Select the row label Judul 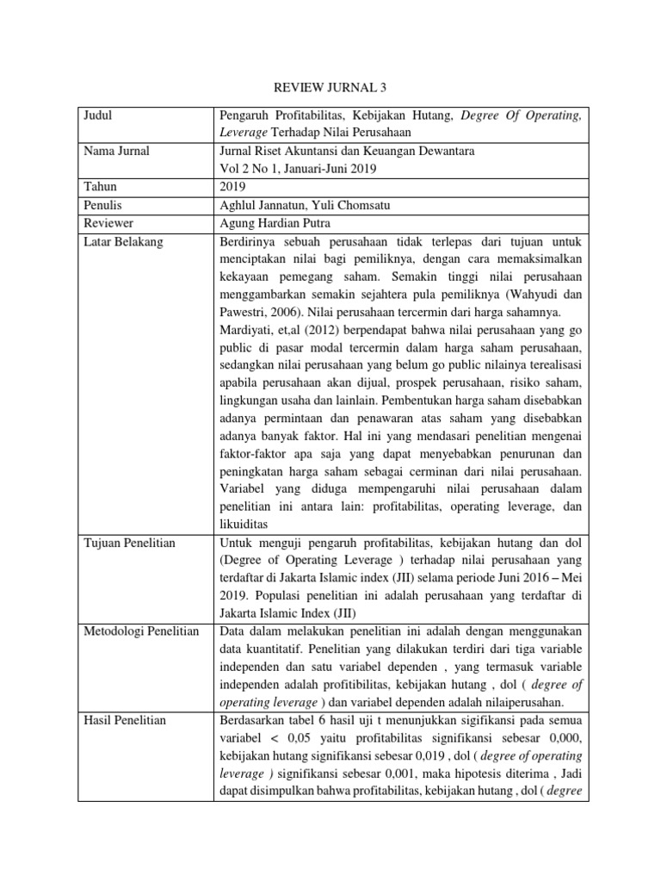click(99, 115)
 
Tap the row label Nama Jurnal click(117, 152)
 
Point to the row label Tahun click(101, 187)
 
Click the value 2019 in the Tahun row click(235, 187)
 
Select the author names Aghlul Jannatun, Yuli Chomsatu click(297, 206)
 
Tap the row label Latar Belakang click(123, 242)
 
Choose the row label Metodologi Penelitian click(141, 632)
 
